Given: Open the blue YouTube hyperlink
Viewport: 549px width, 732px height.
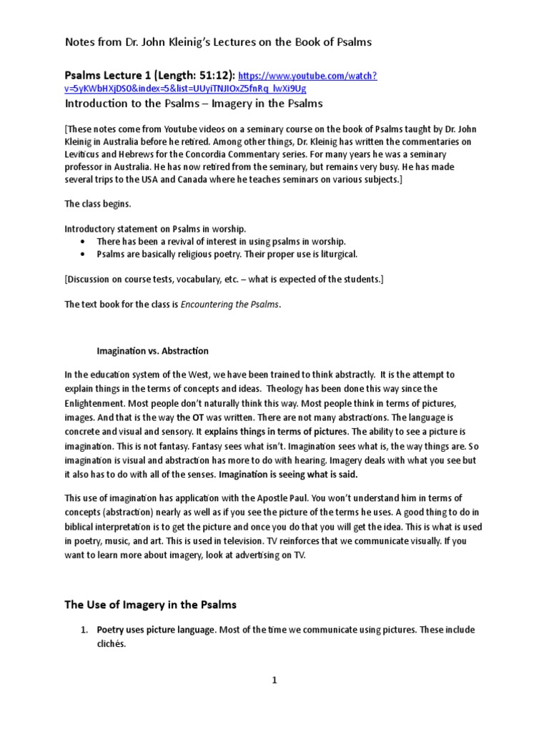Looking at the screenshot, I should click(307, 76).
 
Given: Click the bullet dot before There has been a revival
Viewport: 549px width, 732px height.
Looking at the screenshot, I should click(86, 242).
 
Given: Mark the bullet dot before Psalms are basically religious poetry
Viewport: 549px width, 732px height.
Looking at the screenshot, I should click(86, 254).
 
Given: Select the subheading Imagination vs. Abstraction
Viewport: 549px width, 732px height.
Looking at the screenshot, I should click(152, 351).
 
